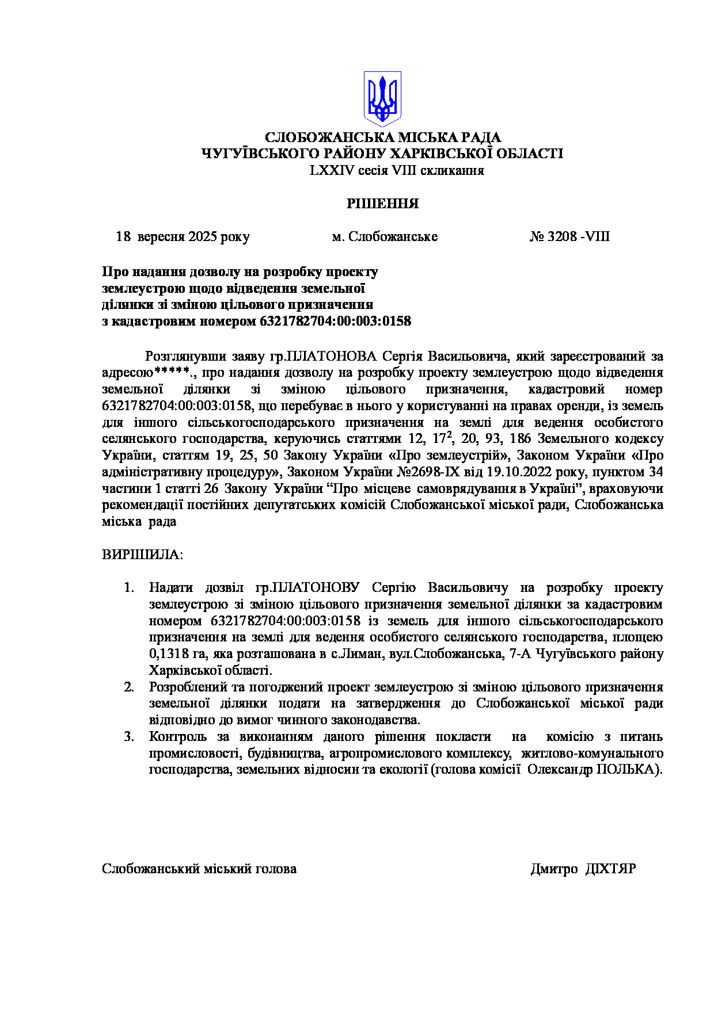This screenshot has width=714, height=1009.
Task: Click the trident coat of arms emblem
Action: [382, 98]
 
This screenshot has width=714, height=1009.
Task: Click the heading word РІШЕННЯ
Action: [382, 204]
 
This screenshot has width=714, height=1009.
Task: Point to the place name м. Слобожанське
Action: [385, 237]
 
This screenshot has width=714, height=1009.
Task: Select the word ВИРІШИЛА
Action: [142, 555]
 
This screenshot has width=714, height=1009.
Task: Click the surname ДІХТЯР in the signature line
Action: [610, 869]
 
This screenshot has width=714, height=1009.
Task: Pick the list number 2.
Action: [129, 687]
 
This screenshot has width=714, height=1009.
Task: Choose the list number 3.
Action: [129, 737]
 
